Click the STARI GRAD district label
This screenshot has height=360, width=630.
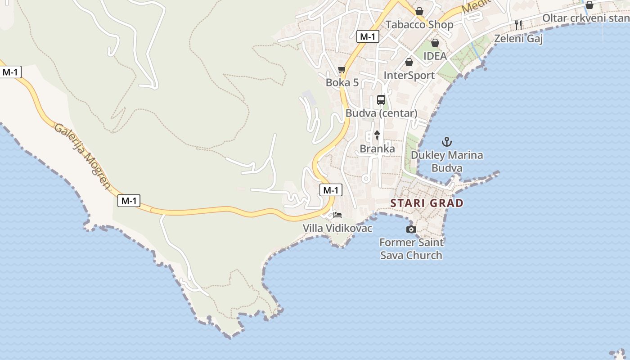point(427,203)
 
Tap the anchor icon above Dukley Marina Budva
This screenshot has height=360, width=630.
point(446,142)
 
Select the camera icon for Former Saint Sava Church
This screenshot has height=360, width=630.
point(411,229)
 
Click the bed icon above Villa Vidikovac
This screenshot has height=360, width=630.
point(337,215)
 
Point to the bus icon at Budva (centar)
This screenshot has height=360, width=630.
point(381,100)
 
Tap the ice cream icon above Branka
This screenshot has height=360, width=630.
point(377,135)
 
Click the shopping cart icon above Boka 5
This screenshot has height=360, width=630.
point(342,69)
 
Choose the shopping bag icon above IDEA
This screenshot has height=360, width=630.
point(435,43)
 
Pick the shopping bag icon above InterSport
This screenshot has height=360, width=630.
point(409,62)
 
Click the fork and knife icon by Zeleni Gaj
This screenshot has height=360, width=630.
point(518,25)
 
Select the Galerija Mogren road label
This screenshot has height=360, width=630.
point(82,156)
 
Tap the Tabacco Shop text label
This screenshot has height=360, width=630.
point(419,24)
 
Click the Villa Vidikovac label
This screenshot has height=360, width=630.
point(337,228)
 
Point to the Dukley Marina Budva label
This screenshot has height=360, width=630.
point(447,162)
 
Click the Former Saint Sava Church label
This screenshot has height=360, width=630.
point(411,249)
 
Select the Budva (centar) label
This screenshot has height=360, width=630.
point(382,113)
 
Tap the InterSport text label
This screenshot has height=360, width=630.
point(409,75)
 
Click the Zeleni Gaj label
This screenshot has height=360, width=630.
point(518,38)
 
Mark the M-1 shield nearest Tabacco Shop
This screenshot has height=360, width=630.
point(368,37)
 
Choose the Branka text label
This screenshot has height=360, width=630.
point(377,148)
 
